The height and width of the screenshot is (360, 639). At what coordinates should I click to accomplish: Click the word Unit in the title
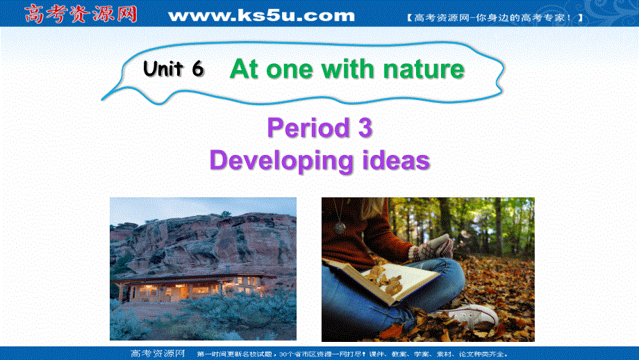click(163, 69)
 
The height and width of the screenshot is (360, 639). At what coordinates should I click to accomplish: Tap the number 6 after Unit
click(197, 69)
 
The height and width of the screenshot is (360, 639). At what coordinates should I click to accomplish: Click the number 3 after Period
click(365, 129)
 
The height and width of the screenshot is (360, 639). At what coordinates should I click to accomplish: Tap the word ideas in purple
click(396, 161)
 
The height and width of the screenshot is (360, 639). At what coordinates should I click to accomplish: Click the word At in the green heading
click(243, 69)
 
